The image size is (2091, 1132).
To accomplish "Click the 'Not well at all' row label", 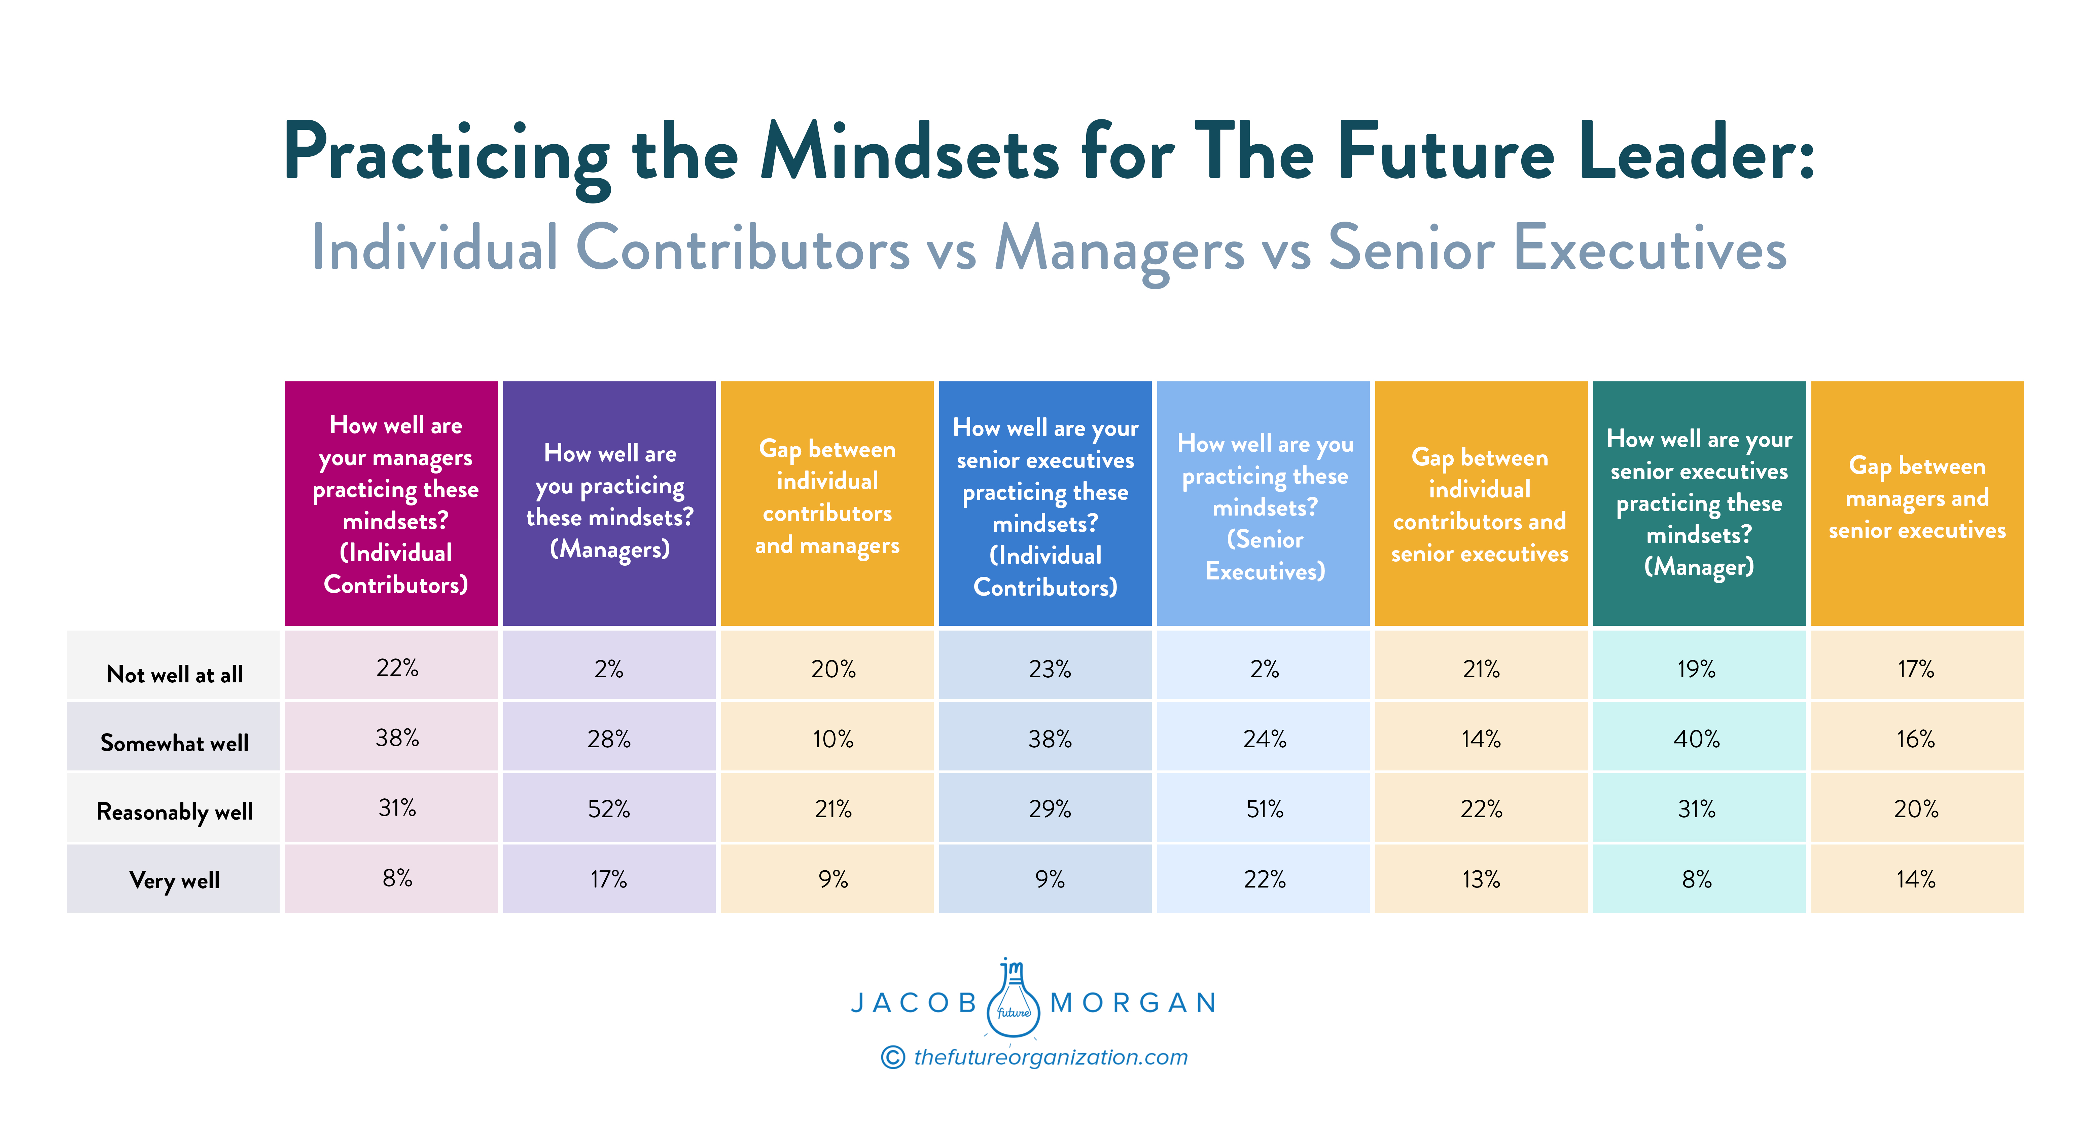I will (x=175, y=674).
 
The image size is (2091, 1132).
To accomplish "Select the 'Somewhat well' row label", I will (x=175, y=743).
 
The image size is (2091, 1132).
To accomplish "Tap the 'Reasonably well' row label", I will (x=175, y=812).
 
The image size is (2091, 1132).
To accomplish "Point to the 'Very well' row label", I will (x=175, y=880).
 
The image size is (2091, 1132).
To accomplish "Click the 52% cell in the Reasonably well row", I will (x=609, y=809).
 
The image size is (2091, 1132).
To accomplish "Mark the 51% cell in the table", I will (x=1265, y=809).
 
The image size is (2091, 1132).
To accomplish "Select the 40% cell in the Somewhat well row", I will (x=1697, y=739).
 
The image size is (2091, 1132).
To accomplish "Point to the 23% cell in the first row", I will (x=1050, y=670).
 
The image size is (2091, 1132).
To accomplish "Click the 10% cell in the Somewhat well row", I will (x=833, y=739).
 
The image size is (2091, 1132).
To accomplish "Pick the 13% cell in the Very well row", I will (x=1481, y=879).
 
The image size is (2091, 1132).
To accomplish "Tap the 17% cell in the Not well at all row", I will (x=1916, y=670).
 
